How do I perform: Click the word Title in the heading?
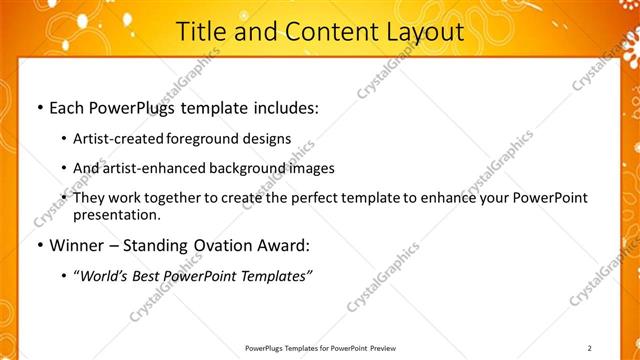[201, 32]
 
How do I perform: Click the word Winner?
[75, 244]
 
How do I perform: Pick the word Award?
[284, 244]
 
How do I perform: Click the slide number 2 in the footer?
[590, 347]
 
